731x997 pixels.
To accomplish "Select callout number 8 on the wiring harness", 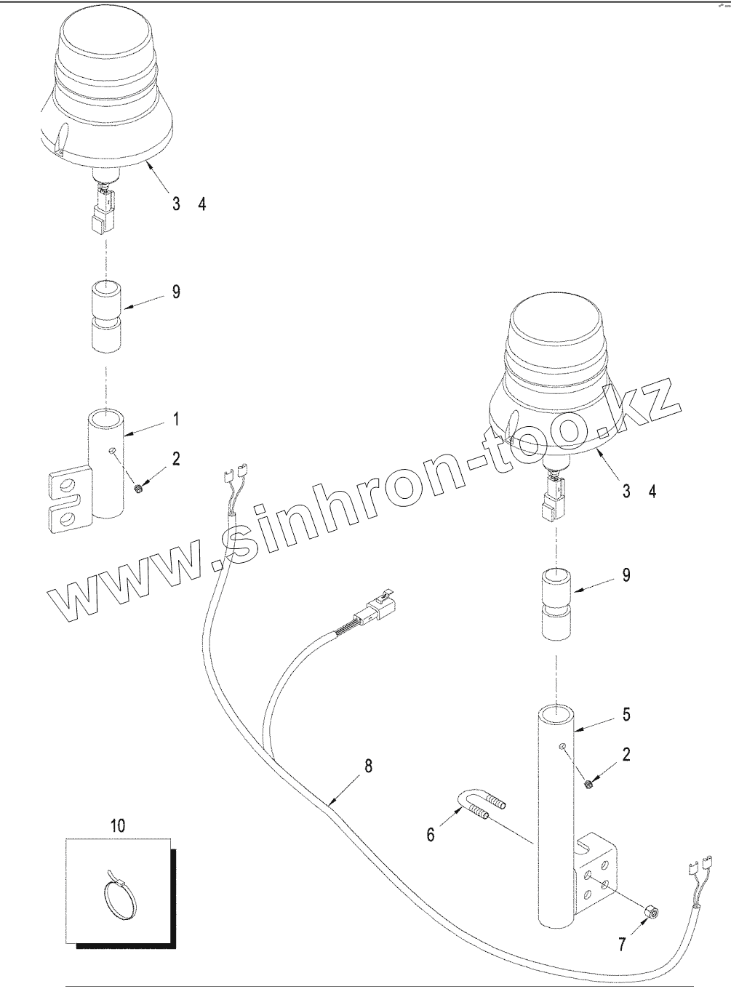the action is pyautogui.click(x=368, y=765).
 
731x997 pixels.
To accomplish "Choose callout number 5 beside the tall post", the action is pyautogui.click(x=626, y=714).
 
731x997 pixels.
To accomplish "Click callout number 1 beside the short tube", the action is pyautogui.click(x=176, y=419).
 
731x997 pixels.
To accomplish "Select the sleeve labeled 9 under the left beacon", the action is pyautogui.click(x=107, y=319).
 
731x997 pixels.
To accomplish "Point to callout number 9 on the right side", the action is pyautogui.click(x=626, y=575).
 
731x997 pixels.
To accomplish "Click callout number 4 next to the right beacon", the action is pyautogui.click(x=652, y=492).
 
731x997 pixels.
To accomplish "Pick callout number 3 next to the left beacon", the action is pyautogui.click(x=176, y=204).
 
